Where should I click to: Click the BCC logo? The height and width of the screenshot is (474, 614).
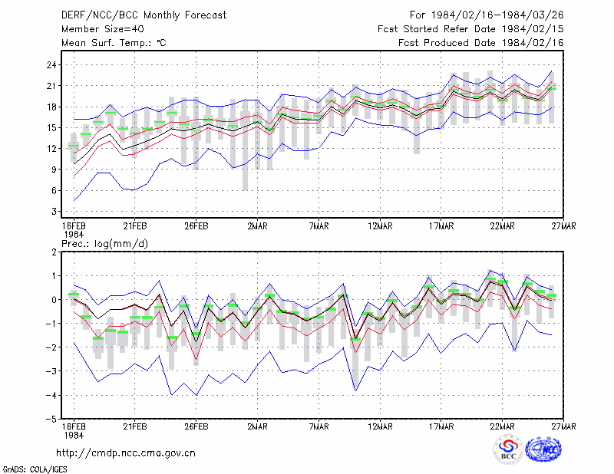click(508, 450)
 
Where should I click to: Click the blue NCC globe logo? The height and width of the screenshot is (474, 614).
click(543, 449)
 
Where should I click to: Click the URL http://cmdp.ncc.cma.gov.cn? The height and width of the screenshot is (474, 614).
click(126, 453)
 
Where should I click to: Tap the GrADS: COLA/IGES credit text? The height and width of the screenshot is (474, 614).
click(35, 469)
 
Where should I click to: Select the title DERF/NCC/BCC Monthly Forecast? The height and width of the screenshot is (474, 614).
click(144, 15)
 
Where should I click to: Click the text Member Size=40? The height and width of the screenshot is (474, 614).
click(103, 29)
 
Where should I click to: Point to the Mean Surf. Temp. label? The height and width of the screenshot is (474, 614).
click(114, 43)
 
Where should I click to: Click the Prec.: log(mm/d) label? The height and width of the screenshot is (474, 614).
click(104, 244)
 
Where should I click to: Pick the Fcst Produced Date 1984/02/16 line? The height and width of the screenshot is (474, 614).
click(481, 43)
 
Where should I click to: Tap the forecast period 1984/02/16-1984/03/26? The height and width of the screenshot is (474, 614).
click(497, 15)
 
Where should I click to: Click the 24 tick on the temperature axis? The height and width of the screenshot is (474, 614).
click(51, 65)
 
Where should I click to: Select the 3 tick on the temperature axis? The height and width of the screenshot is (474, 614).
click(54, 212)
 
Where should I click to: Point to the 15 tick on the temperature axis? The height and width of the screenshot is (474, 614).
click(51, 128)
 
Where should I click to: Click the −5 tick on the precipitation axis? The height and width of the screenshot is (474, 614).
click(51, 420)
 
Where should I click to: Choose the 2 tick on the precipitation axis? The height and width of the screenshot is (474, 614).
click(54, 252)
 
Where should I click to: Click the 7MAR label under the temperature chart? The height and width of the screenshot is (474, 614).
click(319, 226)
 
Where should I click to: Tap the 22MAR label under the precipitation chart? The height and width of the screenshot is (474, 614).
click(503, 426)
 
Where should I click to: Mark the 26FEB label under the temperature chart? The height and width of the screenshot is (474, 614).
click(196, 226)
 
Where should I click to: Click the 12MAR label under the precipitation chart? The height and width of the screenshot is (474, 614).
click(380, 426)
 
